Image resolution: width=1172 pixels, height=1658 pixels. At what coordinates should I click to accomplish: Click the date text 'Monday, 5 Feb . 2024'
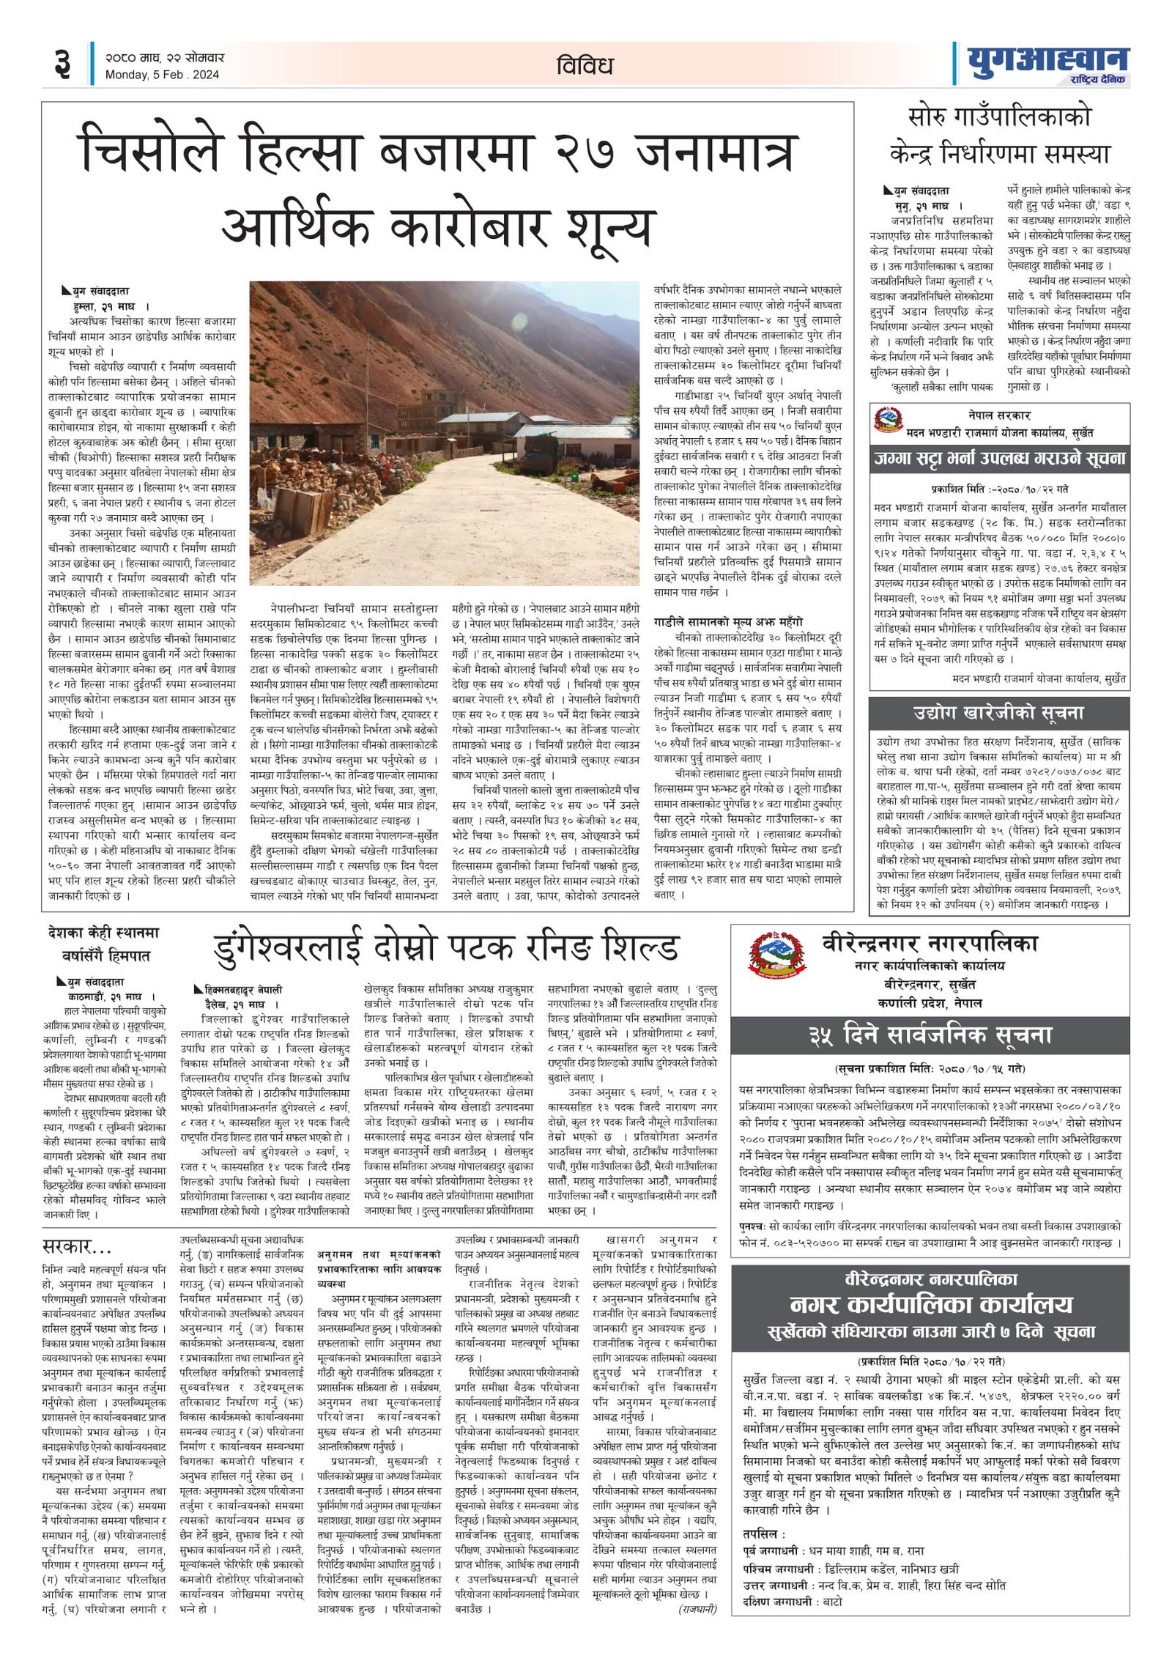point(162,75)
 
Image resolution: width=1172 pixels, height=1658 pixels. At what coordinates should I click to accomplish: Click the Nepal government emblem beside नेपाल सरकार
point(887,420)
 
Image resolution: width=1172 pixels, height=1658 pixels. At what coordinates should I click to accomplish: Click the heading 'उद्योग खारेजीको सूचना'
point(998,712)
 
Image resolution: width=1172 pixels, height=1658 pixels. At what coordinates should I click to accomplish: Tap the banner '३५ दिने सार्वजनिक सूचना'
point(930,1035)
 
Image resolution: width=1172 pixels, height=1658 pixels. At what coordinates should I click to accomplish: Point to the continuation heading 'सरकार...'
point(77,1245)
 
